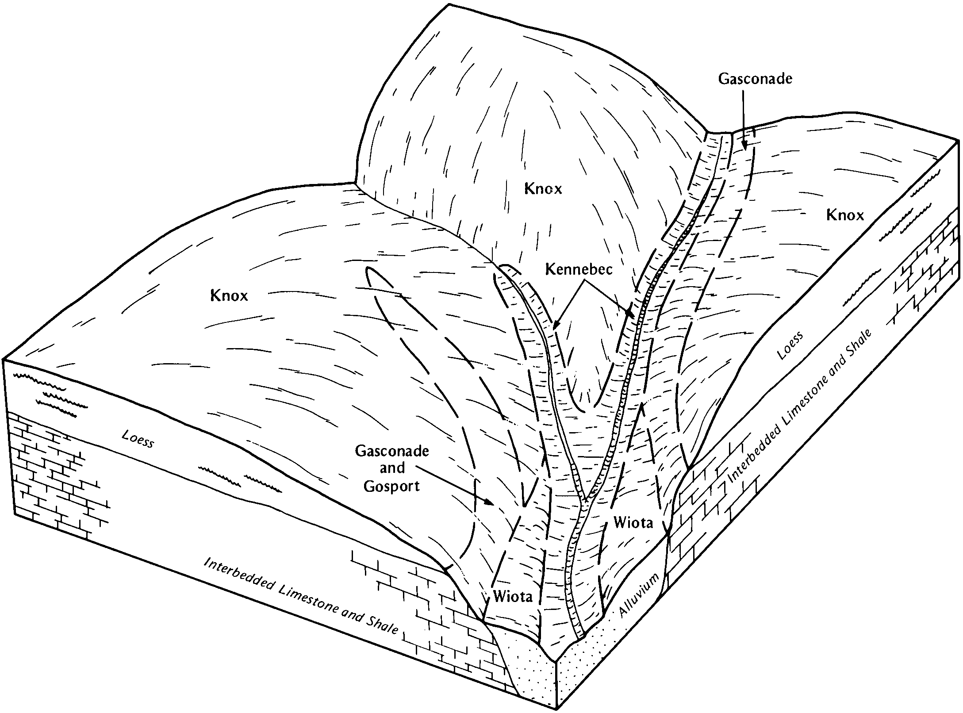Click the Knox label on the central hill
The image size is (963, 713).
543,189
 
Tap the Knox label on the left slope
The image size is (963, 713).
229,295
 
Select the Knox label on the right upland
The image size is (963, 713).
845,215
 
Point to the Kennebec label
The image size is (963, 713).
579,269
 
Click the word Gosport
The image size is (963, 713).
391,487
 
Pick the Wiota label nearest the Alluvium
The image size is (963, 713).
633,523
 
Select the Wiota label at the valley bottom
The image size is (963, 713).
513,597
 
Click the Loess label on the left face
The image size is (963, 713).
138,440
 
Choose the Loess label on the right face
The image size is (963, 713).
790,346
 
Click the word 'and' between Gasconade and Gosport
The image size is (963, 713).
392,468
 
